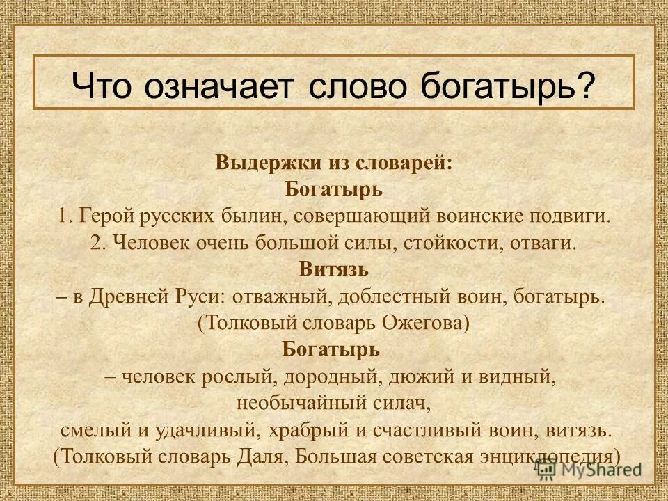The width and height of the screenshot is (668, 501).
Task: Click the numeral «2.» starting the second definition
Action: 98,243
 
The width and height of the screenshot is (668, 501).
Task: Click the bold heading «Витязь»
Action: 333,269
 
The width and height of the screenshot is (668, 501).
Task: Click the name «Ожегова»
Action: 427,322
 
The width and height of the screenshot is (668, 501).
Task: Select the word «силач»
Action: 405,402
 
